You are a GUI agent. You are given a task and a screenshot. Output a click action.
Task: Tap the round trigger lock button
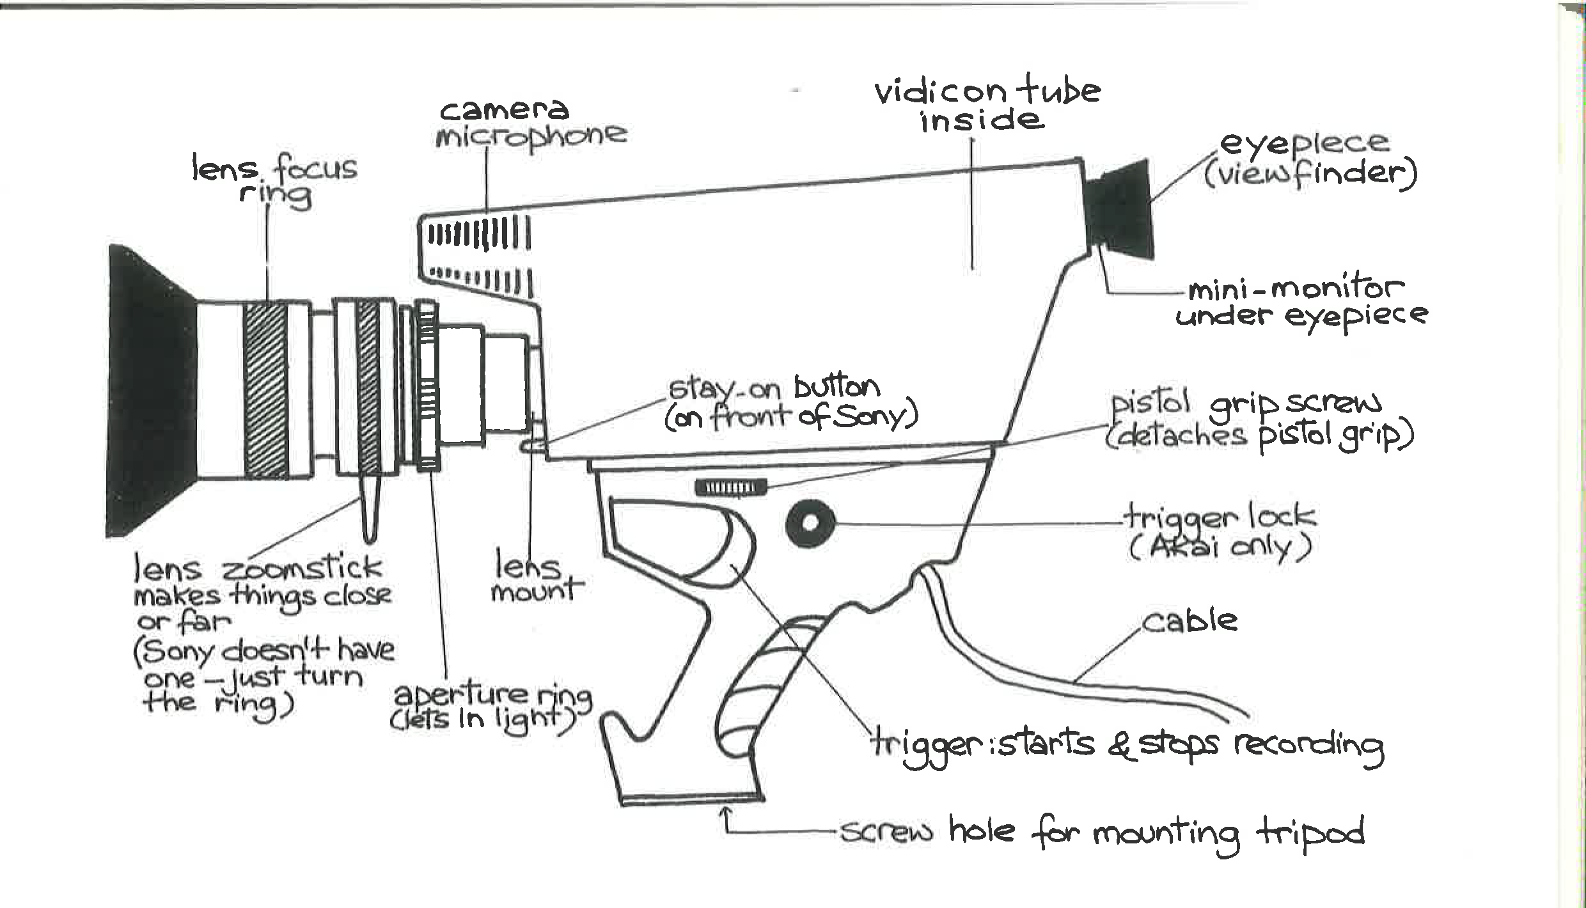tap(810, 524)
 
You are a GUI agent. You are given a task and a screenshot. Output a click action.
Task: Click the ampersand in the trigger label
tap(1120, 745)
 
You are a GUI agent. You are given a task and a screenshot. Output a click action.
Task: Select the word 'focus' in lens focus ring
tap(316, 170)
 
